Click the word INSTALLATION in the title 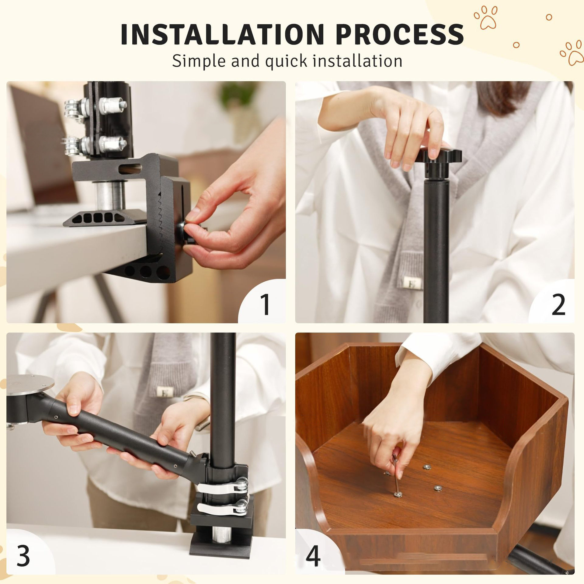coord(222,34)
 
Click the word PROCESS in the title coord(400,34)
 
